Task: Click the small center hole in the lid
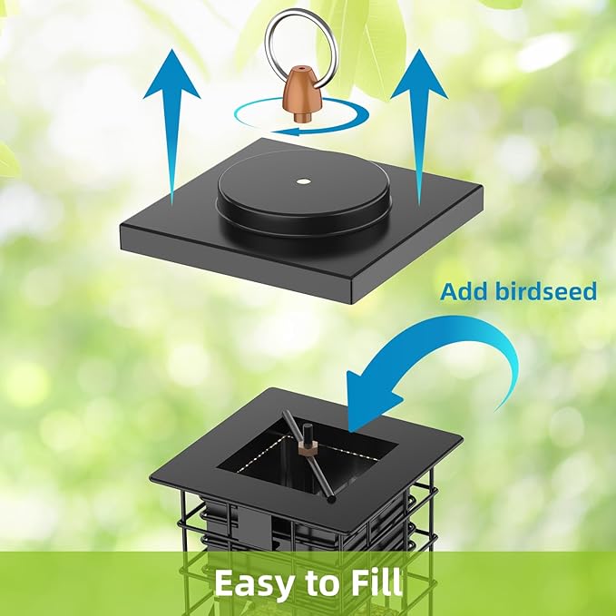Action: (x=300, y=181)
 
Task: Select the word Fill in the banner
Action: (x=375, y=582)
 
